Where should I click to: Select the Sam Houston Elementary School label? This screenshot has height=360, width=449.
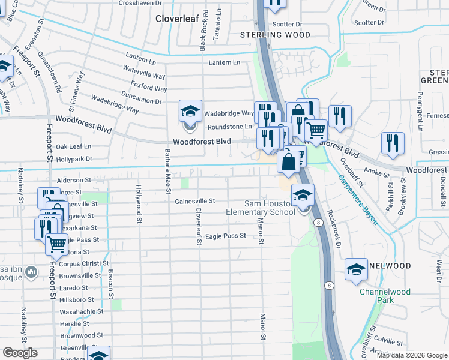[x=261, y=208]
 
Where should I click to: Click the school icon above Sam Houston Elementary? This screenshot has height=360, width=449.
[x=303, y=196]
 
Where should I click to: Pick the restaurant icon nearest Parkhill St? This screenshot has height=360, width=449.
[x=393, y=144]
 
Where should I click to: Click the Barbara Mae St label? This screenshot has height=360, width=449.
[x=167, y=170]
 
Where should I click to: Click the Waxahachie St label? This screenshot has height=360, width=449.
[x=82, y=311]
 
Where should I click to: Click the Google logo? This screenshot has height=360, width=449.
[x=20, y=353]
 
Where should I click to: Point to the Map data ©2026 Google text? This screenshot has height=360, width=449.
[x=411, y=355]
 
